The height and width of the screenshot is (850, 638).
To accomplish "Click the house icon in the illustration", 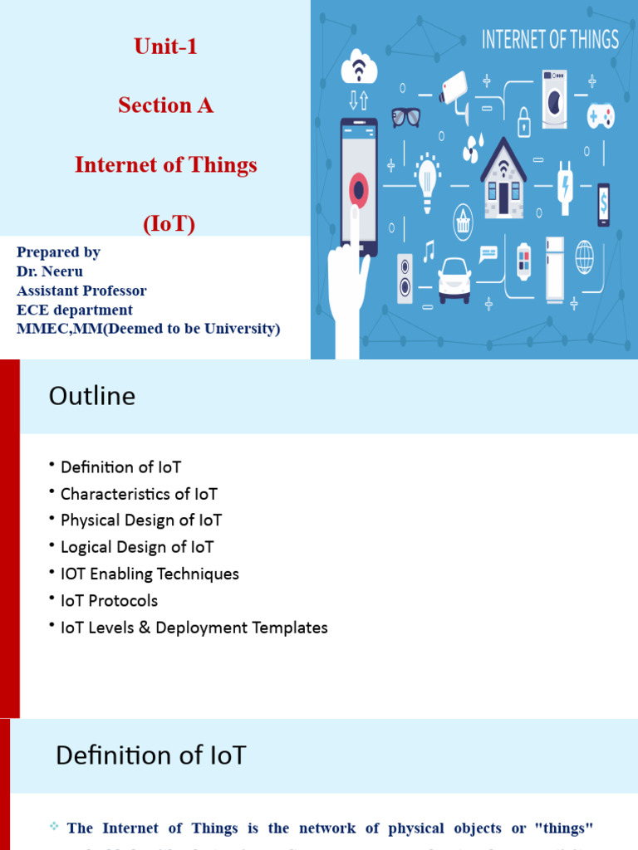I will coord(503,180).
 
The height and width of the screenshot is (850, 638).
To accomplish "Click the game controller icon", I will coord(601,114).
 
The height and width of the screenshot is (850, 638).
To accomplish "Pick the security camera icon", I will coord(455,90).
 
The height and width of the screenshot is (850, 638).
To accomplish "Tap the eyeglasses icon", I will coord(405,117).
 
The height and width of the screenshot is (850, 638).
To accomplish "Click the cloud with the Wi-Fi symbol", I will coord(359,68).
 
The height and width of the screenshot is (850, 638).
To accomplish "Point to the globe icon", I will coord(585,256).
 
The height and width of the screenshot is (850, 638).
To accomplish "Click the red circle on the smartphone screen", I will coord(359,190).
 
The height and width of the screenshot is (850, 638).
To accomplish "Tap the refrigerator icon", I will coord(554,269).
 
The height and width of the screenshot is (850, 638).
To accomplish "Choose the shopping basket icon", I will coord(463,222).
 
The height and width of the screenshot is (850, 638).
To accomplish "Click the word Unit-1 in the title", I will coord(166,46).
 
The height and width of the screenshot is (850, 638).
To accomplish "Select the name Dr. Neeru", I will coord(50,271).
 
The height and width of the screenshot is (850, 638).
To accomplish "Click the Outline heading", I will coord(92,396).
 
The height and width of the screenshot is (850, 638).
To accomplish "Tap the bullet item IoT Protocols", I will coord(109,600).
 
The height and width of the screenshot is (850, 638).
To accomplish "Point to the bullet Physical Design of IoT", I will coord(141,520).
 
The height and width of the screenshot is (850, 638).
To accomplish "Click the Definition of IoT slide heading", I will coord(151,755).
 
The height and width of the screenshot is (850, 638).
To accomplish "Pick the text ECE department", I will coord(75,310).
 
